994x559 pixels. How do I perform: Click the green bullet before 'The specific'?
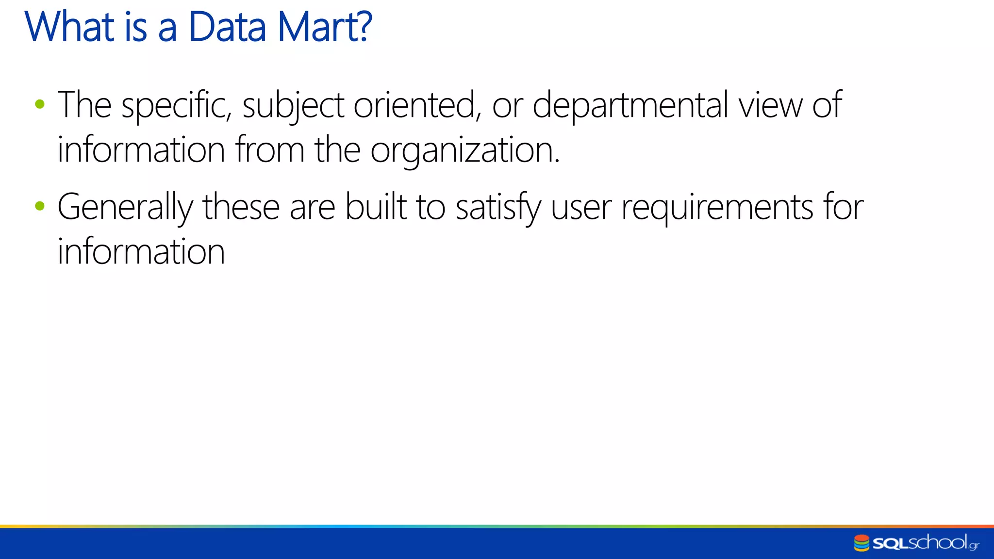click(40, 104)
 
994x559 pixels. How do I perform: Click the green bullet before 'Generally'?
click(40, 206)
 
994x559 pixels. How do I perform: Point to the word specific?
click(176, 105)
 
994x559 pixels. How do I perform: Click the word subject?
click(293, 105)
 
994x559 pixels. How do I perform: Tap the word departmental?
click(630, 105)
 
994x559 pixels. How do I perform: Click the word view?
click(770, 105)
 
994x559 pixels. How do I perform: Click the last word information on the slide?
click(141, 252)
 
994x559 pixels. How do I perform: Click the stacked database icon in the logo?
click(861, 543)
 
